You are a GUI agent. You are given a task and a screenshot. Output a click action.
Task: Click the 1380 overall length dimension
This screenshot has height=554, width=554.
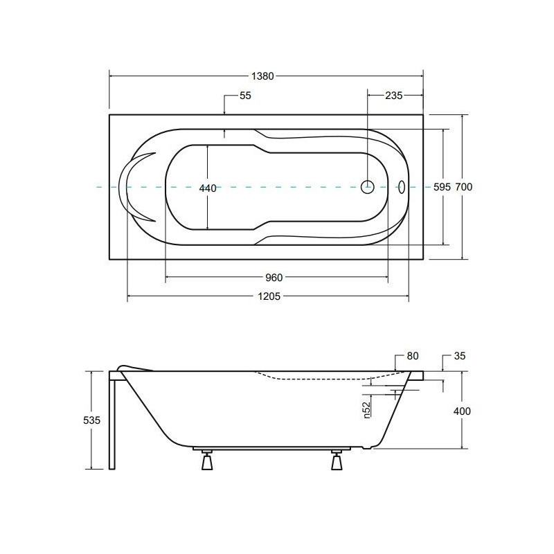coord(262,76)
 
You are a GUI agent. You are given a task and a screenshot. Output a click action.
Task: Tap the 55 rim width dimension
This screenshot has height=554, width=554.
coord(245,96)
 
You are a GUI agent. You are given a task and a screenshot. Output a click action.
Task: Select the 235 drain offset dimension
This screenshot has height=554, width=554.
coord(393,96)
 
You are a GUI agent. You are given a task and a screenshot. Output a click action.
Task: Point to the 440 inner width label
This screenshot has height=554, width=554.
coord(208,188)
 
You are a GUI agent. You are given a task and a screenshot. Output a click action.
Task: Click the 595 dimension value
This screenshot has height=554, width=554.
coord(442,186)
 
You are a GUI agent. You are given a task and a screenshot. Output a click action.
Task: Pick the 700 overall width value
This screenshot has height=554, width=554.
coord(463,186)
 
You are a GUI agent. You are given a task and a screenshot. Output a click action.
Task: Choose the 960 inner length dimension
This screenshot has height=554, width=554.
coord(274,278)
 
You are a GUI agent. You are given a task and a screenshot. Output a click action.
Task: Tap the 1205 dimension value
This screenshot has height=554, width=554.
coord(269,296)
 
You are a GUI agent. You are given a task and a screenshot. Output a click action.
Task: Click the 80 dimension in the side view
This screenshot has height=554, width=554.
coord(413,356)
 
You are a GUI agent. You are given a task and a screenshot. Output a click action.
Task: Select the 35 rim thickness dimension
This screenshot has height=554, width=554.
coord(460,356)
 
